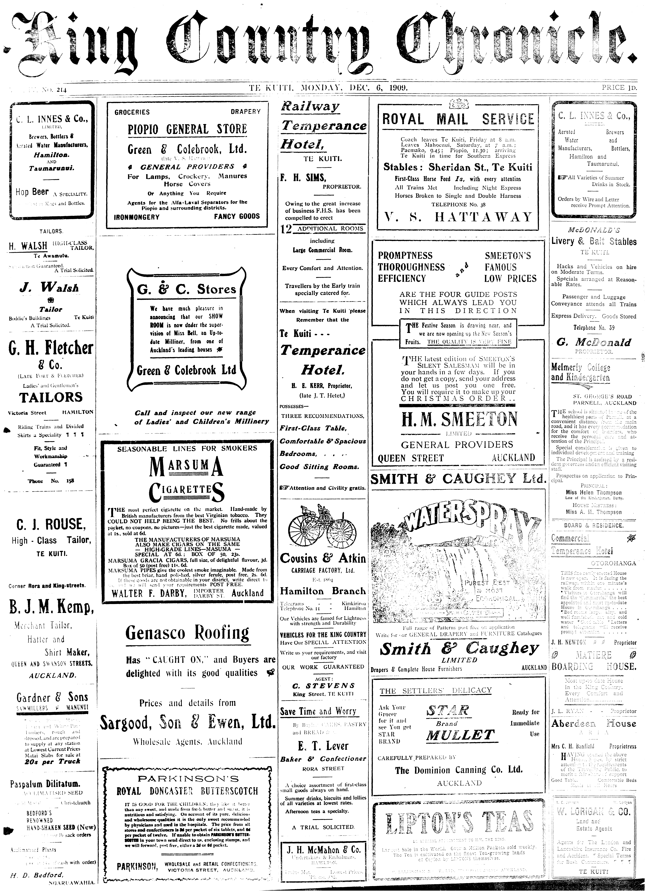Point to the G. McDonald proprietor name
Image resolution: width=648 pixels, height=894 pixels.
594,342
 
